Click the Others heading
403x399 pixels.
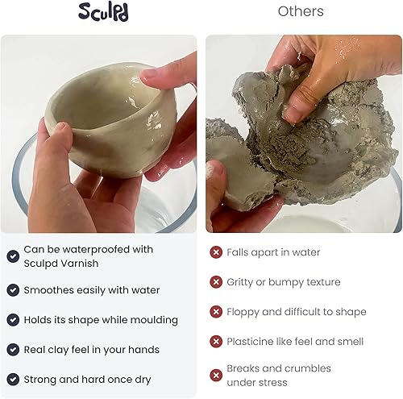(301, 11)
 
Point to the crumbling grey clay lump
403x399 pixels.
(298, 153)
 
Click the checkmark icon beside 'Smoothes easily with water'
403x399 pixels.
(13, 290)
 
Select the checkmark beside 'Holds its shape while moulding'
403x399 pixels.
(13, 320)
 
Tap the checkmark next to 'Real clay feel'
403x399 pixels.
(13, 350)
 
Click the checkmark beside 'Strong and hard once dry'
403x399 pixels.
(13, 380)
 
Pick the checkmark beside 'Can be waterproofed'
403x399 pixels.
(13, 256)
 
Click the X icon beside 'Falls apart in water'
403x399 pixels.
(216, 252)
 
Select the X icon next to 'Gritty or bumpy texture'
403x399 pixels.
(216, 282)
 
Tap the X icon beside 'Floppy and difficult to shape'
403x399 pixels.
(216, 312)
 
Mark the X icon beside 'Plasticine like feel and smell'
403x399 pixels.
(216, 342)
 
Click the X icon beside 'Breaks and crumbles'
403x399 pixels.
(216, 375)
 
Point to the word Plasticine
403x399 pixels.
(253, 342)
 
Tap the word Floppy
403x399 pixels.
(244, 312)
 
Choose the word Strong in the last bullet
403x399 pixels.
(42, 380)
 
